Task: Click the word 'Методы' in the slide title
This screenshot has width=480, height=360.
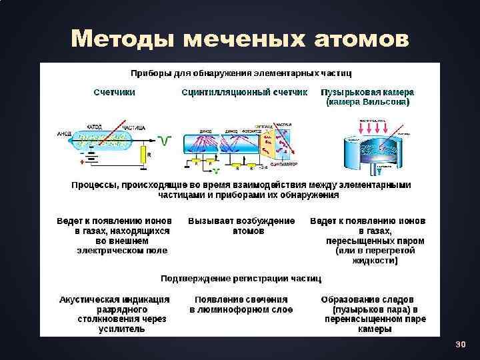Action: pyautogui.click(x=125, y=39)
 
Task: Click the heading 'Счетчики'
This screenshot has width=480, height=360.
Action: pyautogui.click(x=114, y=92)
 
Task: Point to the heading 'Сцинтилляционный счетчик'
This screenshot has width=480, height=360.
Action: pyautogui.click(x=245, y=92)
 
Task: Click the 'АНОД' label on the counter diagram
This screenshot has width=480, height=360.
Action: pyautogui.click(x=64, y=133)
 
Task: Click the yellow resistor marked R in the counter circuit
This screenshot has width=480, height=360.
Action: pyautogui.click(x=142, y=155)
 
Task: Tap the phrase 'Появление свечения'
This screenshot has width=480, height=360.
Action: pyautogui.click(x=241, y=299)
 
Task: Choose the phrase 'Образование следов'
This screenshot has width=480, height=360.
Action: pyautogui.click(x=367, y=299)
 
